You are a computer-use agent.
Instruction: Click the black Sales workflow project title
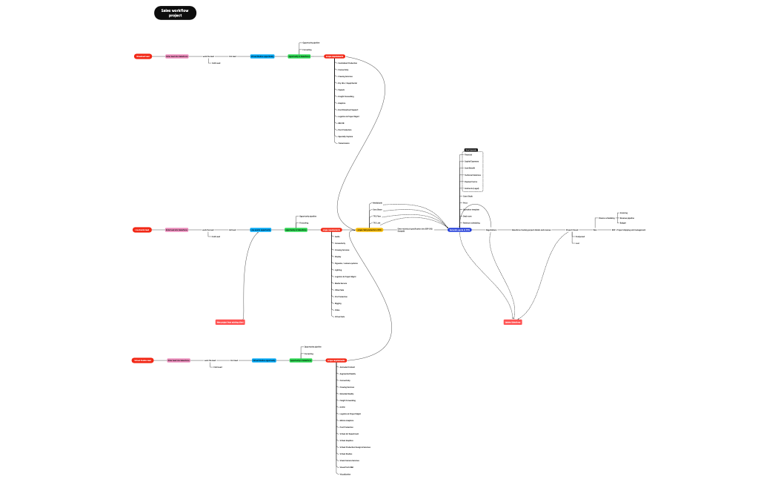[x=175, y=13]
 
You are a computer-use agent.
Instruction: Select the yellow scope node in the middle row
[x=369, y=230]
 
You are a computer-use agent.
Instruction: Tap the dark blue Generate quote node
[x=459, y=230]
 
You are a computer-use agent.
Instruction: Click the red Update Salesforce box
[x=513, y=322]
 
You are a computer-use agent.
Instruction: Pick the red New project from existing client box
[x=230, y=322]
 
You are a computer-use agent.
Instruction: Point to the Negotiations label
[x=491, y=230]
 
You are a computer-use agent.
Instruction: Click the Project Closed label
[x=572, y=230]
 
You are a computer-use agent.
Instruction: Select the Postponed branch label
[x=580, y=237]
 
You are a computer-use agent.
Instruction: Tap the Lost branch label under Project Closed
[x=578, y=243]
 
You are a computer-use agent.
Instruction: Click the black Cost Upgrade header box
[x=471, y=150]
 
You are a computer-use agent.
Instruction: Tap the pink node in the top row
[x=176, y=56]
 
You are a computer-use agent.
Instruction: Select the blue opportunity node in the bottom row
[x=264, y=360]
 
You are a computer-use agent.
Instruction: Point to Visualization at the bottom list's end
[x=345, y=474]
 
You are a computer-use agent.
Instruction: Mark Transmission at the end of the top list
[x=344, y=143]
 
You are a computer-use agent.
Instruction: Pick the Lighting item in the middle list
[x=338, y=270]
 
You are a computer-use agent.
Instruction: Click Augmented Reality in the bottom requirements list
[x=348, y=374]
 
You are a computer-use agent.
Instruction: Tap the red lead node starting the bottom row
[x=142, y=360]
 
